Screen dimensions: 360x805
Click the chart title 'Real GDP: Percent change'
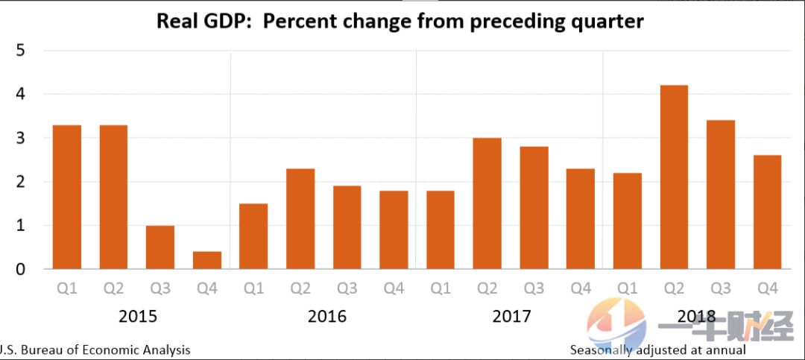[x=400, y=21]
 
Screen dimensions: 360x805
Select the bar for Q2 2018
[x=674, y=177]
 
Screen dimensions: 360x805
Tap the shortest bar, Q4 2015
[x=206, y=260]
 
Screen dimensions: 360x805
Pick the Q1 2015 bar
[x=67, y=197]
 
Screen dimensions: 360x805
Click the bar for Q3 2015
[x=160, y=247]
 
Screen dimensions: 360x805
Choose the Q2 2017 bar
[x=487, y=203]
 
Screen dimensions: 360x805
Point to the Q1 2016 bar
[x=253, y=236]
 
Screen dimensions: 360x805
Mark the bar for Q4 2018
[x=767, y=212]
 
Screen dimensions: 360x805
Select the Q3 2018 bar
[x=721, y=195]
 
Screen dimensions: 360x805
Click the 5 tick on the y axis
[x=21, y=51]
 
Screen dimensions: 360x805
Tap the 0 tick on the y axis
[x=21, y=269]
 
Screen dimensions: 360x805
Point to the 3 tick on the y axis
[x=21, y=139]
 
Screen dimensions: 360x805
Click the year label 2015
[x=138, y=316]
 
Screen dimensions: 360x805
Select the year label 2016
[x=326, y=316]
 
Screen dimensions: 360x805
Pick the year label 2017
[x=512, y=316]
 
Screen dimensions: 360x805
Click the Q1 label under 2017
[x=440, y=288]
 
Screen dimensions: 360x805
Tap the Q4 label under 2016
[x=393, y=288]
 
